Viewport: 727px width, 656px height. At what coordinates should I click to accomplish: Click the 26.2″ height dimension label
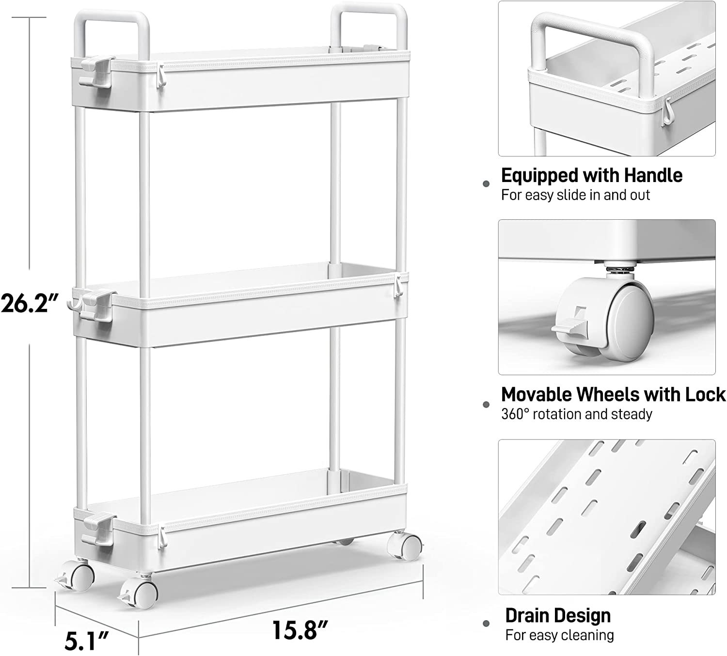tap(30, 303)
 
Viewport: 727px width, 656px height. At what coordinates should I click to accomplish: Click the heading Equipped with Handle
tap(591, 176)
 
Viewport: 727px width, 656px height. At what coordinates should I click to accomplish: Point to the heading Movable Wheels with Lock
tap(613, 394)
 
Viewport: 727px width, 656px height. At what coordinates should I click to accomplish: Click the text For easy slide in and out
tap(575, 196)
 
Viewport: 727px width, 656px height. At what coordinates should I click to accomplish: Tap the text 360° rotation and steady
tap(576, 414)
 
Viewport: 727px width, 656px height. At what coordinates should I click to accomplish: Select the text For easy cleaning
tap(559, 635)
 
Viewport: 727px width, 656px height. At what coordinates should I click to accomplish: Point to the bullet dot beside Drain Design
tap(486, 624)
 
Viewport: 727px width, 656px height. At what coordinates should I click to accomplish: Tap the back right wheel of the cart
tap(404, 546)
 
